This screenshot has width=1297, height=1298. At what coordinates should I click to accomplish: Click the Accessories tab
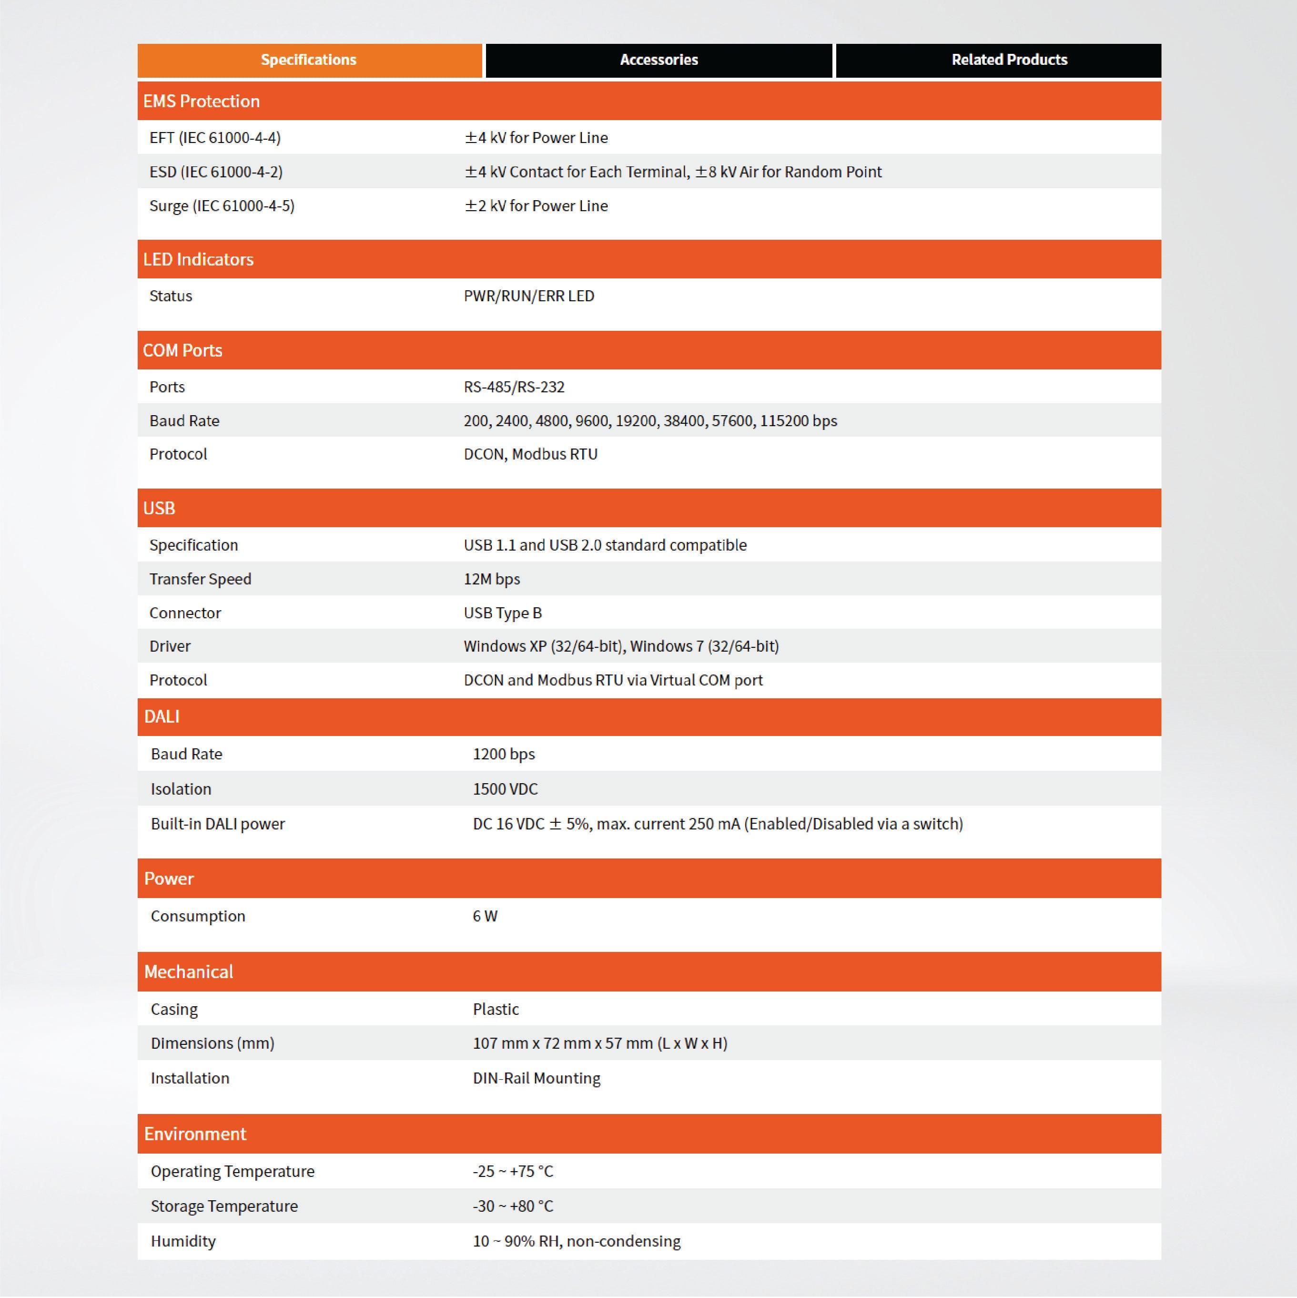click(658, 60)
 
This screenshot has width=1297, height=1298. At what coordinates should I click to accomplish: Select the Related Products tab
click(1008, 60)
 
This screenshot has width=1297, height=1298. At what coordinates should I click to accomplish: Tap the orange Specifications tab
click(309, 60)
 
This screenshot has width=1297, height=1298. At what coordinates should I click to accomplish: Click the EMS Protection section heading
click(202, 102)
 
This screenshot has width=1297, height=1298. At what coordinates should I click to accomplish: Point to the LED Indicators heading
click(198, 259)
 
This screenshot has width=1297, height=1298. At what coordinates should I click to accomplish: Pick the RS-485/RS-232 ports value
click(514, 387)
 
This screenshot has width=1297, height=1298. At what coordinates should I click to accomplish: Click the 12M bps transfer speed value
click(492, 579)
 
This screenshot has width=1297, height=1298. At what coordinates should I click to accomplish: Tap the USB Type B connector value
click(502, 613)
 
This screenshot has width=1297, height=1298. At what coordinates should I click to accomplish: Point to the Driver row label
click(170, 646)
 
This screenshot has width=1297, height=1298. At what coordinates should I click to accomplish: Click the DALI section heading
click(162, 717)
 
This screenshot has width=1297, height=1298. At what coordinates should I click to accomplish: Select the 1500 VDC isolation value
click(505, 789)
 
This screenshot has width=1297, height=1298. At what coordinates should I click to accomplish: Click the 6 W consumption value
click(485, 916)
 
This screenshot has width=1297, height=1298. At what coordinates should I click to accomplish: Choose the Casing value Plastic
click(496, 1009)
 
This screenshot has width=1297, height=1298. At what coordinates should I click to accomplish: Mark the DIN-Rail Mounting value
click(536, 1078)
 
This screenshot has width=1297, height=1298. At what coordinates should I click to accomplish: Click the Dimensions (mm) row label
click(212, 1043)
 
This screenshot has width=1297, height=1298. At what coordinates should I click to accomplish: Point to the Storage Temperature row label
click(223, 1206)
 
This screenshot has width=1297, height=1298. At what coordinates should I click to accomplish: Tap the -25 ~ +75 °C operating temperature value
click(513, 1171)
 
